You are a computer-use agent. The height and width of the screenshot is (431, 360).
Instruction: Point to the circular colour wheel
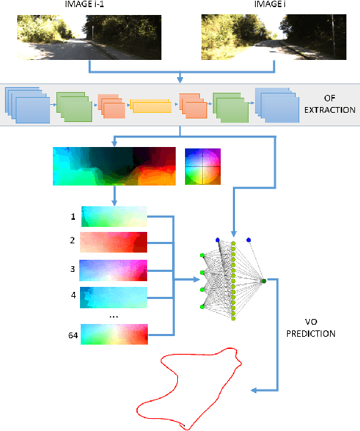coord(203,166)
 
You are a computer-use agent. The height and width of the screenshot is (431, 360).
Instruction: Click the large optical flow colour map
coord(114,166)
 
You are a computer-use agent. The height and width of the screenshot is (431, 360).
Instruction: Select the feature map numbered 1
coord(114,216)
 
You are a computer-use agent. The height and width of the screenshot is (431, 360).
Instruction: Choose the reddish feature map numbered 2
coord(114,243)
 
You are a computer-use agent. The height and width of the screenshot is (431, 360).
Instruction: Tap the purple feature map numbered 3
coord(114,270)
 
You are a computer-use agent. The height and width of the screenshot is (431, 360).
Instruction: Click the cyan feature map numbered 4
coord(114,298)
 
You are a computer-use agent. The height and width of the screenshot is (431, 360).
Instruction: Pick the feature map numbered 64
coord(114,334)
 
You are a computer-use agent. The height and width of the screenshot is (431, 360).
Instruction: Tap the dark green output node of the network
coord(264,281)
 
